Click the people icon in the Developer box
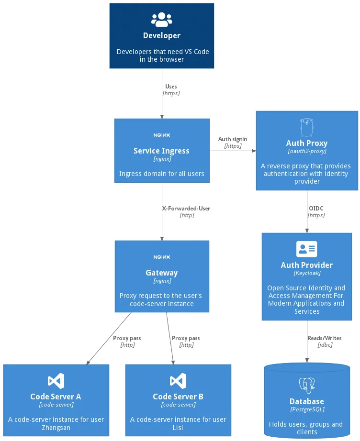pos(161,20)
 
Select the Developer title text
pos(161,36)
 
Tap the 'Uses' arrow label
pos(171,87)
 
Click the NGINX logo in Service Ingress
pos(161,135)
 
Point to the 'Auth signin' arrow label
pos(233,139)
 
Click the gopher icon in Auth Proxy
pos(306,127)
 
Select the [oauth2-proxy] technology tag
pos(306,151)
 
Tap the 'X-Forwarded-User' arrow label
pos(186,209)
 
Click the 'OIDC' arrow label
pos(316,209)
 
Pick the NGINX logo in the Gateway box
pos(161,257)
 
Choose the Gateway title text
pos(161,273)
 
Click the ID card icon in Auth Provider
pos(306,249)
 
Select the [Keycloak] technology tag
pos(306,273)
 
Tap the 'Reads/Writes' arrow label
pos(324,338)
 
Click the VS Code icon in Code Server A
pos(56,381)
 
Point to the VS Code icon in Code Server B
pos(178,381)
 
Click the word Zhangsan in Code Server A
pos(56,428)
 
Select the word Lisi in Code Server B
pos(178,428)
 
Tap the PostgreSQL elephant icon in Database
pos(306,386)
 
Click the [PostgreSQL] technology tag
pos(306,409)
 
